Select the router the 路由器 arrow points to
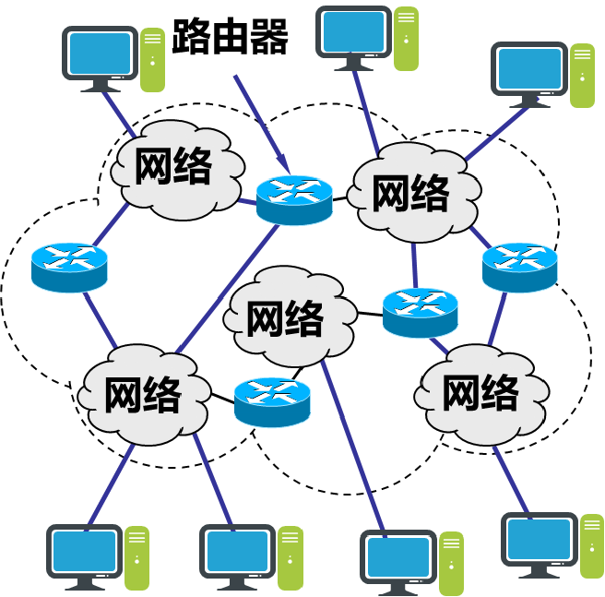pos(293,198)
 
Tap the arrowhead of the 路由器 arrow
pos(282,166)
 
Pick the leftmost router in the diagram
pos(69,266)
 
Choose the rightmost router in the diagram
pos(519,266)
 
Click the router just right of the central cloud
pos(420,311)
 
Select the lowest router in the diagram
pos(271,400)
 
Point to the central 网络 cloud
pos(288,318)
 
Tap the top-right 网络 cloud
pos(411,193)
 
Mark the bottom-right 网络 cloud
pos(480,392)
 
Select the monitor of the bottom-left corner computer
pos(84,552)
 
